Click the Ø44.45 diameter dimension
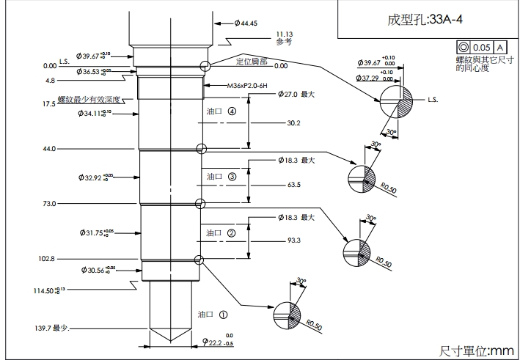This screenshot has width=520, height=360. tap(245, 23)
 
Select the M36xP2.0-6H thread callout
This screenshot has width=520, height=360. tap(248, 86)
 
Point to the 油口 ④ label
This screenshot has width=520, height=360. tap(221, 112)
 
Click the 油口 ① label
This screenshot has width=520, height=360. tap(213, 314)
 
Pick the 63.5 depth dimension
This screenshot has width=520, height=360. tap(294, 185)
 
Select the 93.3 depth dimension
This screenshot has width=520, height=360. tap(294, 240)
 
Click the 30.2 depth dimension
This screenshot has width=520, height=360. tap(294, 122)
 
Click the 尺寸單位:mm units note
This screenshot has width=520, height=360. tap(477, 350)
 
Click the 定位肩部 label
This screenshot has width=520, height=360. tap(251, 61)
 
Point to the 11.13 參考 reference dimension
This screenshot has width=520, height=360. tap(285, 37)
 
